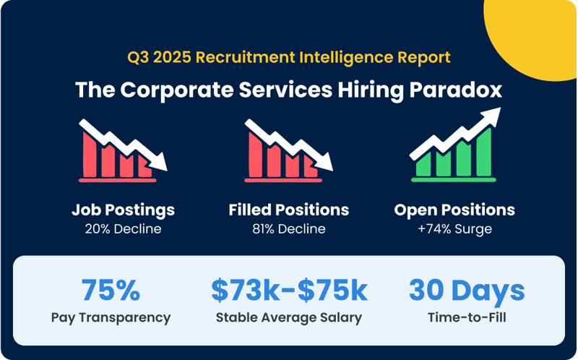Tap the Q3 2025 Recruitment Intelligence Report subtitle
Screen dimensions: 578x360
[x=289, y=58]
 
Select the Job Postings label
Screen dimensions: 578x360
[x=123, y=210]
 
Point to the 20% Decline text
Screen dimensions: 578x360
[x=123, y=229]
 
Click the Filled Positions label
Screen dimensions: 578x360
[x=289, y=210]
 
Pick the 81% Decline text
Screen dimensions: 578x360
[x=289, y=229]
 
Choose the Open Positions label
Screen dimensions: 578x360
[x=454, y=210]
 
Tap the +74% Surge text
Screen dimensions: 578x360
[x=455, y=229]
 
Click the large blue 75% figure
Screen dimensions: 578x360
[x=111, y=290]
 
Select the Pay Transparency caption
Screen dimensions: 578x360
[x=111, y=317]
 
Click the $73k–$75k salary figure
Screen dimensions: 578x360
[x=290, y=291]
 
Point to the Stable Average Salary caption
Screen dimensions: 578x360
[x=289, y=317]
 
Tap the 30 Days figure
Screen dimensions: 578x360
[x=467, y=291]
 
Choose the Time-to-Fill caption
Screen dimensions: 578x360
[x=467, y=317]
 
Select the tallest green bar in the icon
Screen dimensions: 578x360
[x=483, y=152]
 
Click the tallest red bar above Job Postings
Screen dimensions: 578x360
[x=90, y=155]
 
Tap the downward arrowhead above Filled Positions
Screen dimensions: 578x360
[x=324, y=163]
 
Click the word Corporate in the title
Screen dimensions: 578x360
[x=176, y=90]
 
